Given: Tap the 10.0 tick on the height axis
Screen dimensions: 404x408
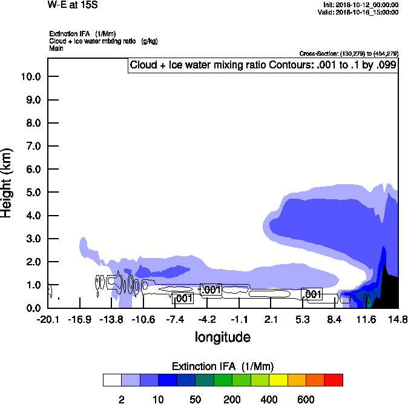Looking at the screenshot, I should (30, 77).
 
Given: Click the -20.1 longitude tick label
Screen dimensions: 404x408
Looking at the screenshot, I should (47, 319).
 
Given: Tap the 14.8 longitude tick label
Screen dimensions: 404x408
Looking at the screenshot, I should (398, 319).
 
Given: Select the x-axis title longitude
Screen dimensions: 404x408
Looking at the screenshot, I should (222, 336).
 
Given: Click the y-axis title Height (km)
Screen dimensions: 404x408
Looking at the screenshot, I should (8, 182).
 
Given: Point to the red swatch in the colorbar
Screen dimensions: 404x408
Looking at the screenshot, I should (334, 380).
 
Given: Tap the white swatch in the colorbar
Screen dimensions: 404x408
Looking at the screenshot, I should (112, 380).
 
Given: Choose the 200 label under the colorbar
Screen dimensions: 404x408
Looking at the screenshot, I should (232, 399).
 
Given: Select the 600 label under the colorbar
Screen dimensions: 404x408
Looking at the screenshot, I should (306, 399).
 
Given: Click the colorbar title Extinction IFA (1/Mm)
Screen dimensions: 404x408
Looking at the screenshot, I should (223, 366).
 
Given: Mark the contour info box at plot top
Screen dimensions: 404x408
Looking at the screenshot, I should (263, 65).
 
